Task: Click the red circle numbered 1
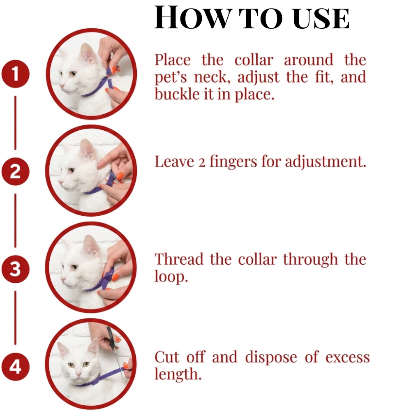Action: [x=16, y=74]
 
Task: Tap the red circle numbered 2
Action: [x=16, y=171]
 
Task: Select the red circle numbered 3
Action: [x=16, y=269]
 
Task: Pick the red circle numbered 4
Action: [x=16, y=367]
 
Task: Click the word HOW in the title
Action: [x=192, y=18]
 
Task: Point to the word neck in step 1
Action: [x=212, y=78]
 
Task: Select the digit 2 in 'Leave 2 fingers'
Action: [x=201, y=163]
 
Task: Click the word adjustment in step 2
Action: [x=325, y=162]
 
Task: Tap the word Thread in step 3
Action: [x=179, y=259]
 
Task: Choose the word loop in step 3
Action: [x=171, y=277]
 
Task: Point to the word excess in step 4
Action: [x=348, y=358]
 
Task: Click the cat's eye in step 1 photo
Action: [x=73, y=74]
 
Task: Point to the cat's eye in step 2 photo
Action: [x=71, y=171]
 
